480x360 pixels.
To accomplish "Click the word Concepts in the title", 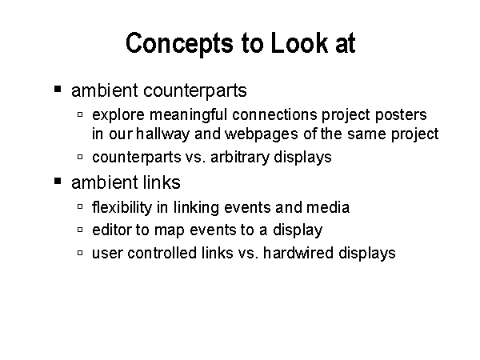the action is tap(179, 43).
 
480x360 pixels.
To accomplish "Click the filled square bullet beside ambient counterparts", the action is tap(58, 89).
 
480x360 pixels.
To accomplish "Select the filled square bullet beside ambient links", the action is tap(58, 181).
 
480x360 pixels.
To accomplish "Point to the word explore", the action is tap(118, 115).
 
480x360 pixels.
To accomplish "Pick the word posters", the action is tap(401, 115).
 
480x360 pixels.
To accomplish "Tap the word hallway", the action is tap(162, 134).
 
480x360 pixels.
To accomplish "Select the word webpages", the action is tap(262, 134).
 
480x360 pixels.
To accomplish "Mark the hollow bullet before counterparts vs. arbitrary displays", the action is tap(80, 157).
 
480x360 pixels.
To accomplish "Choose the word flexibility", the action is tap(122, 207).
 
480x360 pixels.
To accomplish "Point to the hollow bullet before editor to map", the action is tap(80, 230).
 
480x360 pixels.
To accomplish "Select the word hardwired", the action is tap(298, 253).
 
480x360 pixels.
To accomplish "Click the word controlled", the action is tap(162, 253).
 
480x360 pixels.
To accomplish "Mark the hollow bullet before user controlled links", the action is tap(80, 253).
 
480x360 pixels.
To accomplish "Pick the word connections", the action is tap(274, 115).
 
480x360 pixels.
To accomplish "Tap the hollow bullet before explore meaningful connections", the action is tap(80, 114).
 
